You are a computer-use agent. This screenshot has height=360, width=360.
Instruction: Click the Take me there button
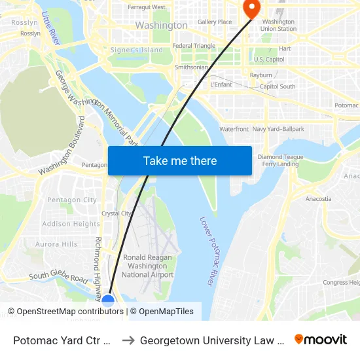(x=180, y=161)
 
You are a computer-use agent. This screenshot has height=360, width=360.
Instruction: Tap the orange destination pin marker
(x=251, y=8)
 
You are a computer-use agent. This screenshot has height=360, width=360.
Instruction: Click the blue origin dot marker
(x=109, y=300)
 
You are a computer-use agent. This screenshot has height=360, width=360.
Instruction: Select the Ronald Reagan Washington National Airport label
(x=147, y=266)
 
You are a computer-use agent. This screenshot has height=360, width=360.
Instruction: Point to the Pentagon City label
(x=72, y=200)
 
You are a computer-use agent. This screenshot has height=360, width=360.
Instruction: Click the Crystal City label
(x=117, y=213)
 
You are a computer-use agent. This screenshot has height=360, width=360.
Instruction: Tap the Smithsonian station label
(x=192, y=67)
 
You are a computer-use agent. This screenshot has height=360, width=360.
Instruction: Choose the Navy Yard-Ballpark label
(x=278, y=129)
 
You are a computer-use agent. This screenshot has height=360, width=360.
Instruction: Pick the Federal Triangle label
(x=194, y=46)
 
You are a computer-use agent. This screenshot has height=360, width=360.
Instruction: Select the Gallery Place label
(x=215, y=22)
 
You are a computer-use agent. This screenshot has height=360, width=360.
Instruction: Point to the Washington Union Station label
(x=278, y=25)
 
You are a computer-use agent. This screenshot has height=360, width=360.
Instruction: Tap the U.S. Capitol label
(x=268, y=60)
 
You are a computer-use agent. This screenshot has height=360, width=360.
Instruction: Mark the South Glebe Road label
(x=58, y=277)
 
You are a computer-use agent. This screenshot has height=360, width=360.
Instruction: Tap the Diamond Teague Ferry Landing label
(x=280, y=160)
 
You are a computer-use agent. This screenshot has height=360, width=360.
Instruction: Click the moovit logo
(x=321, y=339)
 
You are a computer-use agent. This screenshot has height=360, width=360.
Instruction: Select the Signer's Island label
(x=136, y=50)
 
